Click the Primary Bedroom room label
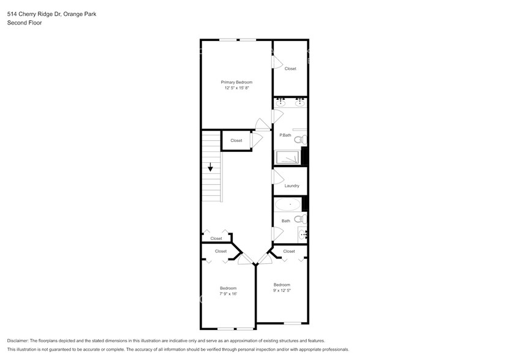[236, 82]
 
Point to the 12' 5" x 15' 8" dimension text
[236, 88]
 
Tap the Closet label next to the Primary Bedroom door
[290, 69]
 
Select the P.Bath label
[285, 135]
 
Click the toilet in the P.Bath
[300, 140]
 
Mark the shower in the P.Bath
[288, 158]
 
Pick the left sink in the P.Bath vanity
[280, 103]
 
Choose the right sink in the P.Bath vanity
[300, 103]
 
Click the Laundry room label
[292, 186]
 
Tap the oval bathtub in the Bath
[288, 204]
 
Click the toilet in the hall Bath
[300, 219]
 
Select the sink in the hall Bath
[302, 234]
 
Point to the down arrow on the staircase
[210, 167]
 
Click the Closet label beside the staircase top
[236, 140]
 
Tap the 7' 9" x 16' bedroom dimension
[228, 294]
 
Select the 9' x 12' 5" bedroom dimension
[282, 290]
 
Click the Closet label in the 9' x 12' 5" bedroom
[289, 251]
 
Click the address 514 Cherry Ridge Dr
[34, 13]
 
